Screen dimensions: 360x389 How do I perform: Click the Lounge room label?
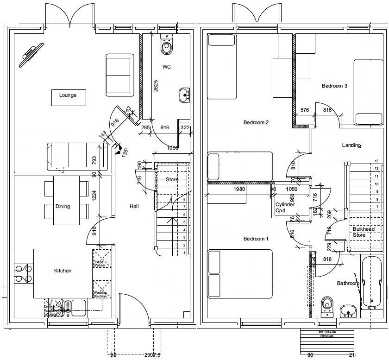pos(68,95)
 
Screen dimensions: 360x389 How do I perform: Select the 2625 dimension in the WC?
pos(156,88)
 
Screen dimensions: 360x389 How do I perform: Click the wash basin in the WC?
pos(184,95)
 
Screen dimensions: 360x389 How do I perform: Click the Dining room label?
pos(63,206)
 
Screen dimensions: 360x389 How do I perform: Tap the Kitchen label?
pos(63,271)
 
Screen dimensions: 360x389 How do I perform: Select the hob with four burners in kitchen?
pos(23,273)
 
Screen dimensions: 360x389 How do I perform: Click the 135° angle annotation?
pos(124,153)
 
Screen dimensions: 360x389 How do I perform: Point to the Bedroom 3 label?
pos(334,86)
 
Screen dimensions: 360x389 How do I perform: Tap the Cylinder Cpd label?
pos(285,207)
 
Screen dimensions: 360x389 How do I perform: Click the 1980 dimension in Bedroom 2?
pos(239,189)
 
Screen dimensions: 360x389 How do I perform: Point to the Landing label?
pos(351,145)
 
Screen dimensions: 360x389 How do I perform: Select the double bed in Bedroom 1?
pos(239,274)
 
